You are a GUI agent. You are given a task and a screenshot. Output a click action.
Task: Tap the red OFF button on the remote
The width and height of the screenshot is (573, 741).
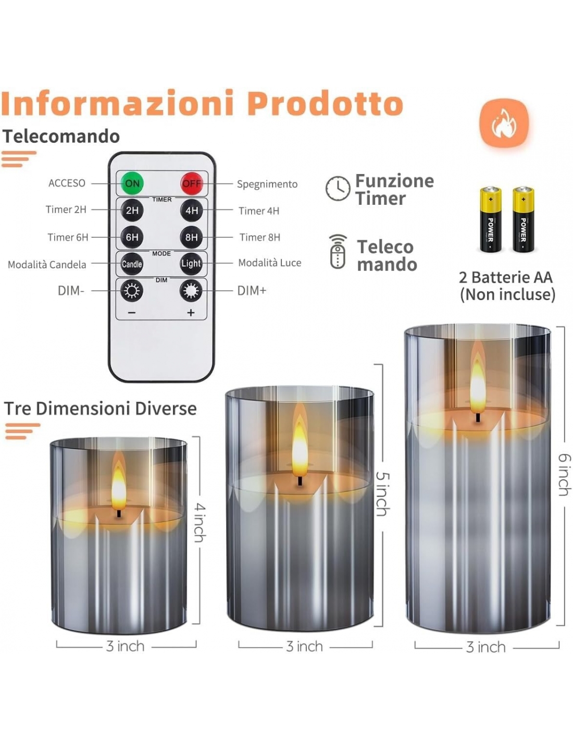tap(192, 183)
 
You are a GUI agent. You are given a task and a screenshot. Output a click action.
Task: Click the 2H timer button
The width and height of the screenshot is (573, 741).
tap(132, 210)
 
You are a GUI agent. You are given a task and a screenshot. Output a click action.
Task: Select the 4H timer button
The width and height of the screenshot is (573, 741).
tap(192, 210)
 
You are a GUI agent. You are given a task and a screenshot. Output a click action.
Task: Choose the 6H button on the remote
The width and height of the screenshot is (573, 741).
tap(132, 237)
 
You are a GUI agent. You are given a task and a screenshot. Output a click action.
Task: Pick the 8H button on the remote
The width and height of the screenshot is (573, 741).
tap(191, 237)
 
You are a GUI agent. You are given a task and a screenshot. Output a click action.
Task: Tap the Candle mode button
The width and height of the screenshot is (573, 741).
tap(132, 264)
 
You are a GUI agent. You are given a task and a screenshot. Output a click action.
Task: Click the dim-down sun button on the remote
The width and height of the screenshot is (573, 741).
tap(132, 291)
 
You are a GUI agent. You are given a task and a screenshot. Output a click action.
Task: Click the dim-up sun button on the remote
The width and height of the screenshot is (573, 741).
tap(191, 291)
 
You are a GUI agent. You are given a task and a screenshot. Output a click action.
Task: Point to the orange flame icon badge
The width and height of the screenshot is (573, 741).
tap(504, 123)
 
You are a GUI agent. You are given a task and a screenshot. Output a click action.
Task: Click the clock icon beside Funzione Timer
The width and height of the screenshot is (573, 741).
tap(338, 188)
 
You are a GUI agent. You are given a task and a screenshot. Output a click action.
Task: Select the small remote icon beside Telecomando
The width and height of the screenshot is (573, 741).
tap(338, 252)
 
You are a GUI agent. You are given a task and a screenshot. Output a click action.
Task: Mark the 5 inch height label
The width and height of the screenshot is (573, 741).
tap(383, 493)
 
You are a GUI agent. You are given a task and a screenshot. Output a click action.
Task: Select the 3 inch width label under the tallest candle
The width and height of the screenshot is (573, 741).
tap(485, 647)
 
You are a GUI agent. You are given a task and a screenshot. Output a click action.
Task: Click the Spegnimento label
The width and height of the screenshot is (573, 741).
tap(267, 184)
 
